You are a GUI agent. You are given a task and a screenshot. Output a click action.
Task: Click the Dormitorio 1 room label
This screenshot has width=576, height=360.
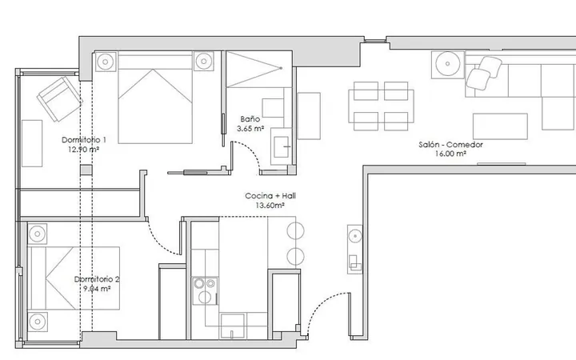pyautogui.click(x=84, y=140)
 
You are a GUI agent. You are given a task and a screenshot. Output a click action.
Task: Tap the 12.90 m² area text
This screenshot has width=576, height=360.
pyautogui.click(x=84, y=150)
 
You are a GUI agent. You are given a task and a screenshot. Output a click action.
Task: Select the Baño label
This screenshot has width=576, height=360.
pyautogui.click(x=250, y=119)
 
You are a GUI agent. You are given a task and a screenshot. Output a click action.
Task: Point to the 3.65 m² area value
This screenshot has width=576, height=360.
pyautogui.click(x=250, y=129)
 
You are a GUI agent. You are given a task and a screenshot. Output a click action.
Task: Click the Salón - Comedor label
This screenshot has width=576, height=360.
pyautogui.click(x=450, y=145)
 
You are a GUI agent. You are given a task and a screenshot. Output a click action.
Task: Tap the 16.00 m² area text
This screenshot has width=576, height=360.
pyautogui.click(x=450, y=154)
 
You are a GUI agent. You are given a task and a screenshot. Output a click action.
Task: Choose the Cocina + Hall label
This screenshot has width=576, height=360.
pyautogui.click(x=270, y=196)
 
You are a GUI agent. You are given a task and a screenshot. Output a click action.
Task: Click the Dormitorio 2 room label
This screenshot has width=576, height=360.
pyautogui.click(x=97, y=279)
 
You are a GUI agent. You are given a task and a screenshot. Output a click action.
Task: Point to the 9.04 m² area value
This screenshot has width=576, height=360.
pyautogui.click(x=97, y=289)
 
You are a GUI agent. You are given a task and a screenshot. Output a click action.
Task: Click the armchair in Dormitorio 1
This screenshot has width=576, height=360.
pyautogui.click(x=59, y=98)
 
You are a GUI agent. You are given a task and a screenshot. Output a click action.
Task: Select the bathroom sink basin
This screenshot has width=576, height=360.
pyautogui.click(x=282, y=147)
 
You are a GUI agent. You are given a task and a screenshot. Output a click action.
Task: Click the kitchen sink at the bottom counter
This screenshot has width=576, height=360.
pyautogui.click(x=232, y=326)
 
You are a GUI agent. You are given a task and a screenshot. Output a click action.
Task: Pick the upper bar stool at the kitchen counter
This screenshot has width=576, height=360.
pyautogui.click(x=295, y=231)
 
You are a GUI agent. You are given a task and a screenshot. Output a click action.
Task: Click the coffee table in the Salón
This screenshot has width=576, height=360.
pyautogui.click(x=500, y=126)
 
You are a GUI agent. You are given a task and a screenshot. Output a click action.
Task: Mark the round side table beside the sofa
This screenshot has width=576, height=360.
pyautogui.click(x=447, y=63)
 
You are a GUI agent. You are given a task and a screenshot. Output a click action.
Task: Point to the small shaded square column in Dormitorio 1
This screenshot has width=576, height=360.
pyautogui.click(x=86, y=170)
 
